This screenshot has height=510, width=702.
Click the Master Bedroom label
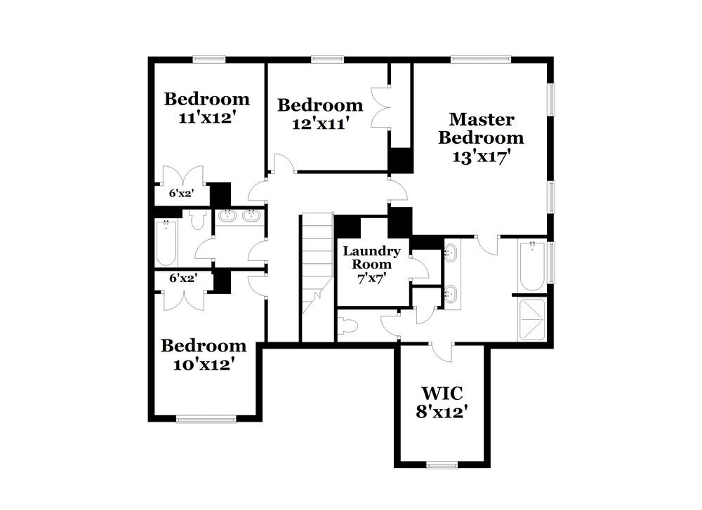(x=481, y=128)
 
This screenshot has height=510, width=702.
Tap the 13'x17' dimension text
(x=482, y=157)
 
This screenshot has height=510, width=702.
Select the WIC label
(x=442, y=393)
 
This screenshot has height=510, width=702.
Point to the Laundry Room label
(x=371, y=257)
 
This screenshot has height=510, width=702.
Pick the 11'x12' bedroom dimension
(x=207, y=118)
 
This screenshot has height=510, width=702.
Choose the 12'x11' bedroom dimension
(x=320, y=123)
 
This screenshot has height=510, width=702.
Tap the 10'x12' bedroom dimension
(x=204, y=365)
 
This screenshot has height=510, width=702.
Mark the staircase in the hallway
(x=317, y=277)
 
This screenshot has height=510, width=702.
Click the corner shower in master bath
(x=532, y=321)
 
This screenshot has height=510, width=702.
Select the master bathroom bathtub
(x=532, y=266)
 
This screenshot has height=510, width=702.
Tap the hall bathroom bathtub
(x=166, y=243)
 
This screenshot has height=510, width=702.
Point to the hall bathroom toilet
(x=197, y=219)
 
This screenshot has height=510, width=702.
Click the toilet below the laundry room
(x=347, y=326)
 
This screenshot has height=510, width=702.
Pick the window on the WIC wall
(x=442, y=465)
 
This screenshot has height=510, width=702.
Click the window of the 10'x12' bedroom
(x=206, y=420)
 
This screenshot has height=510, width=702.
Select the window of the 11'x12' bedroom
(x=209, y=59)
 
